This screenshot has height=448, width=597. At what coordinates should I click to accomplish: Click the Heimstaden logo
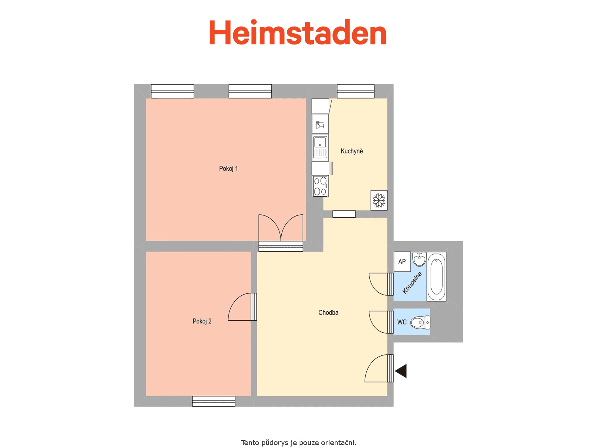pyautogui.click(x=297, y=32)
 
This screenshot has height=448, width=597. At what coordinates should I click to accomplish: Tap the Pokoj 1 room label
pyautogui.click(x=228, y=169)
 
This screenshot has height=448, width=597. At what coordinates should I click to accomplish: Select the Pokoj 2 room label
pyautogui.click(x=202, y=321)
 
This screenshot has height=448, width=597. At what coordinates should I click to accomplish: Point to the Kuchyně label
pyautogui.click(x=352, y=151)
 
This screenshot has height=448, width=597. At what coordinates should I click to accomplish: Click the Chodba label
pyautogui.click(x=328, y=312)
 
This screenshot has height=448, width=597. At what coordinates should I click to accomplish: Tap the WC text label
pyautogui.click(x=402, y=322)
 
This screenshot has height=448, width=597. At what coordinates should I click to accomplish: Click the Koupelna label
pyautogui.click(x=412, y=283)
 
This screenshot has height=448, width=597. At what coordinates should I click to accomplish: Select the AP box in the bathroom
pyautogui.click(x=402, y=262)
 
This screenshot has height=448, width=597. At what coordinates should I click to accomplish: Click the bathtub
pyautogui.click(x=436, y=277)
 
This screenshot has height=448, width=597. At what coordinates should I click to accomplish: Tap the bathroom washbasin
pyautogui.click(x=419, y=259)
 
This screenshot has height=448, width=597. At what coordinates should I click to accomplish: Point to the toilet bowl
pyautogui.click(x=420, y=323)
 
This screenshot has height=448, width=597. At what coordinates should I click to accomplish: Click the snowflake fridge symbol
pyautogui.click(x=379, y=200)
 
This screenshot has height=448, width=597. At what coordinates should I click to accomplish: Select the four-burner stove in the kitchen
pyautogui.click(x=320, y=186)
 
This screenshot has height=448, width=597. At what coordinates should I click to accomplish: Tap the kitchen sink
pyautogui.click(x=320, y=147)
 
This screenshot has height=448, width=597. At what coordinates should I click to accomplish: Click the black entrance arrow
pyautogui.click(x=401, y=371)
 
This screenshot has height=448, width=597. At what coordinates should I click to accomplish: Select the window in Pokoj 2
pyautogui.click(x=214, y=401)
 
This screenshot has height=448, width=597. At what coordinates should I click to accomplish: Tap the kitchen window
pyautogui.click(x=356, y=91)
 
